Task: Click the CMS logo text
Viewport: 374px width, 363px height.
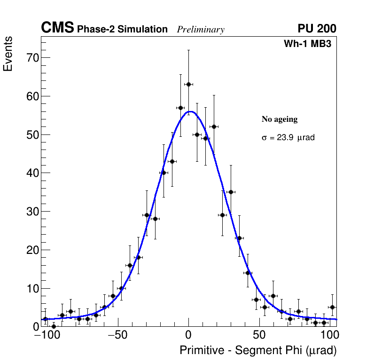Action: click(x=57, y=28)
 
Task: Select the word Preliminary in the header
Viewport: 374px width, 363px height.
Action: click(x=201, y=30)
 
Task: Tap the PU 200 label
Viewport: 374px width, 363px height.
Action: click(x=317, y=29)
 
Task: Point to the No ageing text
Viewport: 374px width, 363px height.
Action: click(x=280, y=119)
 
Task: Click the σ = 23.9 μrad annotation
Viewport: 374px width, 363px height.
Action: click(x=288, y=138)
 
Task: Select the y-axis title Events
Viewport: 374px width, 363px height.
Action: click(x=8, y=54)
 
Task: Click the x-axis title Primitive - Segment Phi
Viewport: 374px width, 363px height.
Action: click(x=258, y=350)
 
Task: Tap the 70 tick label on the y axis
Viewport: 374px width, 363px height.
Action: click(x=31, y=58)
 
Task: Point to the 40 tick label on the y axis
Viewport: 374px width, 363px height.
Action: click(x=31, y=173)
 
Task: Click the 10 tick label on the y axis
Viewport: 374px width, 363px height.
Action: click(x=31, y=288)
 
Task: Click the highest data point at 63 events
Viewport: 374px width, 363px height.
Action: click(x=188, y=84)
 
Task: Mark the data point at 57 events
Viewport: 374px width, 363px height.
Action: click(x=180, y=108)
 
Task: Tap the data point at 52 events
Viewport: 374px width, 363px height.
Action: click(x=214, y=126)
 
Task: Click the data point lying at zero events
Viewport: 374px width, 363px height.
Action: click(x=54, y=326)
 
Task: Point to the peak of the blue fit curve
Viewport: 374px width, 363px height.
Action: click(x=190, y=111)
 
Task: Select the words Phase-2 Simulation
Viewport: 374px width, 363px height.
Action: click(x=122, y=30)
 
